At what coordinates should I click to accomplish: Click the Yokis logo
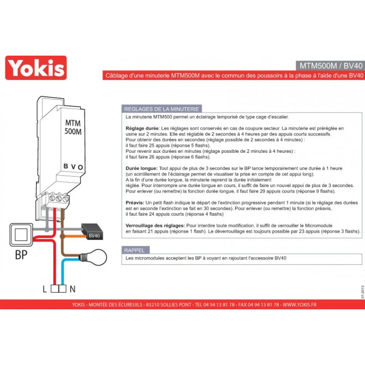[x=36, y=68]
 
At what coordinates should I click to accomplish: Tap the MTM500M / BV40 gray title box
[x=330, y=66]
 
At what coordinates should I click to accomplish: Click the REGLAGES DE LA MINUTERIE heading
[x=162, y=109]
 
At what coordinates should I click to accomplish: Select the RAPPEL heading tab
[x=136, y=250]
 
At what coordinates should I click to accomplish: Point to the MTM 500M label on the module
[x=73, y=127]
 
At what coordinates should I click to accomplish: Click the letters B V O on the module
[x=73, y=167]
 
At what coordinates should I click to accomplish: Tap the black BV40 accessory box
[x=92, y=232]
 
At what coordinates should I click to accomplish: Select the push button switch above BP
[x=21, y=235]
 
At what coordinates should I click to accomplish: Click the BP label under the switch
[x=21, y=255]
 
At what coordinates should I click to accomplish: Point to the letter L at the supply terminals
[x=45, y=289]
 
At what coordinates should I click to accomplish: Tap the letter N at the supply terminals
[x=73, y=289]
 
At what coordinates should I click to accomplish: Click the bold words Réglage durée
[x=142, y=129]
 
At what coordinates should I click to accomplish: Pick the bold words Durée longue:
[x=141, y=168]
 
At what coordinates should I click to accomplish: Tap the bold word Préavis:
[x=135, y=203]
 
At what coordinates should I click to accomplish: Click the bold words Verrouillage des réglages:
[x=155, y=225]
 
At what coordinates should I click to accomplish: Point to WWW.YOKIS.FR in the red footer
[x=300, y=304]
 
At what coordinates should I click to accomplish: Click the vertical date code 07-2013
[x=362, y=292]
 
